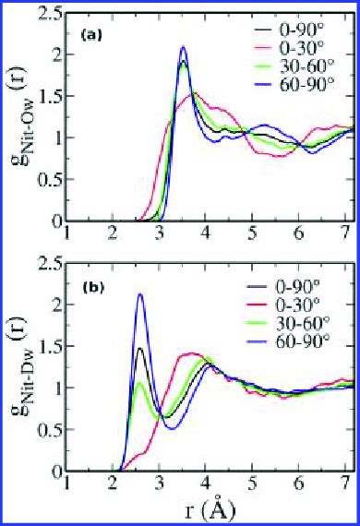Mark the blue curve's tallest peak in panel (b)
(x=140, y=294)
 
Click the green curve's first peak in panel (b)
(x=139, y=382)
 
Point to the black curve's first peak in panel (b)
(x=140, y=348)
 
